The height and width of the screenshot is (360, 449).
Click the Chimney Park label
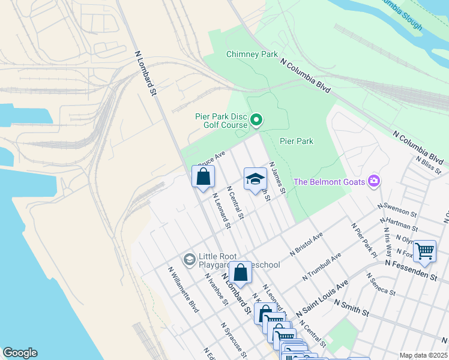252,54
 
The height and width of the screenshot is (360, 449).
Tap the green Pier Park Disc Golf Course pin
256,121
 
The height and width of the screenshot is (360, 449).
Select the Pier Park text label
297,142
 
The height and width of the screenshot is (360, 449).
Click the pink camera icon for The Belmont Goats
374,181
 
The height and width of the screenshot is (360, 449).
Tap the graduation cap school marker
255,178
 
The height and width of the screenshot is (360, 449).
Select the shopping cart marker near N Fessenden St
424,251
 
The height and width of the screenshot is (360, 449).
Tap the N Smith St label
360,310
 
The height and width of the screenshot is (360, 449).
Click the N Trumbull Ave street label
322,267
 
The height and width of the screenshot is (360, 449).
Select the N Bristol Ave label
306,245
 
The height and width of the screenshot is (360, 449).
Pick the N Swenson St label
397,209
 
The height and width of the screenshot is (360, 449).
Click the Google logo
20,353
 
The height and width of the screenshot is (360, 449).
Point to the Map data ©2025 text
423,355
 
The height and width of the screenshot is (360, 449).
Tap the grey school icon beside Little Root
190,259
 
